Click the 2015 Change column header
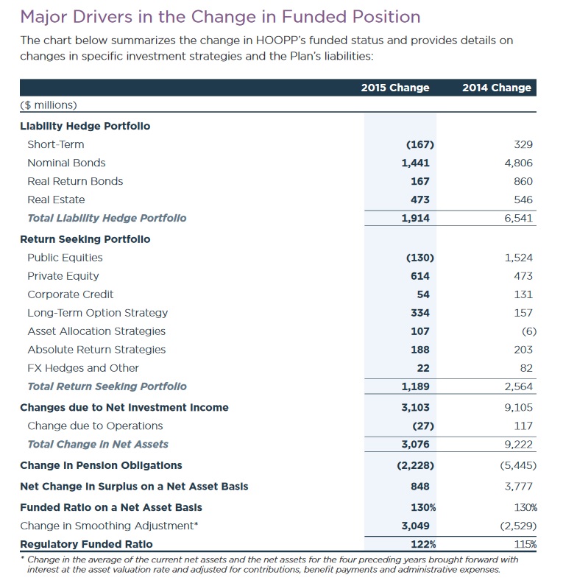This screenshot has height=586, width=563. (394, 88)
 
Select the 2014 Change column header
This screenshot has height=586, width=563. (496, 88)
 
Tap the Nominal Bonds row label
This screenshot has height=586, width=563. (66, 163)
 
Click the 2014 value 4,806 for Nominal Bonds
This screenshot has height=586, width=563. (518, 163)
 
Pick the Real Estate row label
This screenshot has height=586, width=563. (56, 200)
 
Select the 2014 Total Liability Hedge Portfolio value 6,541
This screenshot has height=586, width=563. (518, 218)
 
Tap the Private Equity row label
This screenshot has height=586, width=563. (63, 276)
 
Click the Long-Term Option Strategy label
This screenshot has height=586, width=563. (97, 313)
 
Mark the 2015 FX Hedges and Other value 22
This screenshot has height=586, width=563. (423, 368)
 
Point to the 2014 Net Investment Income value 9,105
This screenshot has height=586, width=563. (518, 407)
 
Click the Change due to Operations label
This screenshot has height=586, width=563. (95, 426)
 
